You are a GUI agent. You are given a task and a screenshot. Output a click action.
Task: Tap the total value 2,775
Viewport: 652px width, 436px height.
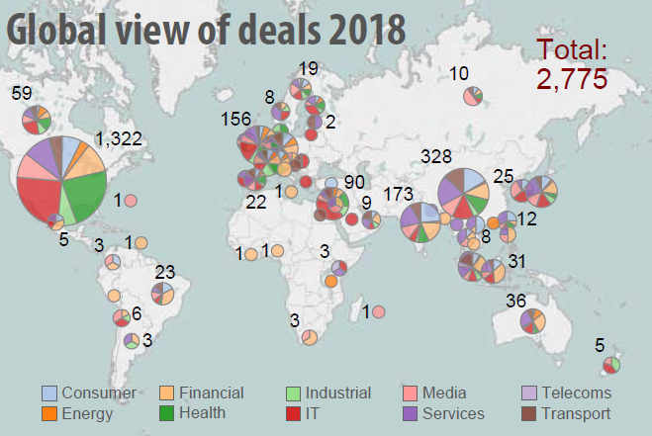571,80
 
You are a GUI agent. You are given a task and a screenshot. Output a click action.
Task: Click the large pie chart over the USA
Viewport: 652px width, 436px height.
62,180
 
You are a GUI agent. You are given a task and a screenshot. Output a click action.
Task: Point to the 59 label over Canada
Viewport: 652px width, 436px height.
22,94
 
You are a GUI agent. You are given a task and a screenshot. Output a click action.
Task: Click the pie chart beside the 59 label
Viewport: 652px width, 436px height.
37,120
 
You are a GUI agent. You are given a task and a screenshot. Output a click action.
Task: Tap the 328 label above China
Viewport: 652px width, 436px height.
436,157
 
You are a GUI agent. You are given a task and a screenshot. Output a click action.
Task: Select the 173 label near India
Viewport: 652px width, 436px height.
400,195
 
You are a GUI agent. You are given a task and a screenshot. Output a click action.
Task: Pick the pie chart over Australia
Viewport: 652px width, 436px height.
532,320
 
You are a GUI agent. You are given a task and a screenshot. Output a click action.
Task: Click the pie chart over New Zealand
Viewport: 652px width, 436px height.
611,366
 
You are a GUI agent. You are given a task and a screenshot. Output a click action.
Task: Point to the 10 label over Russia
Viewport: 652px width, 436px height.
459,73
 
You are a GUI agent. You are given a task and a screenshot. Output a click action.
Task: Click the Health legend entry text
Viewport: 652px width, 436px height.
202,413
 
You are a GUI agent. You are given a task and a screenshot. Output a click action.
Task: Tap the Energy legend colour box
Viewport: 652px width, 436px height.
49,413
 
